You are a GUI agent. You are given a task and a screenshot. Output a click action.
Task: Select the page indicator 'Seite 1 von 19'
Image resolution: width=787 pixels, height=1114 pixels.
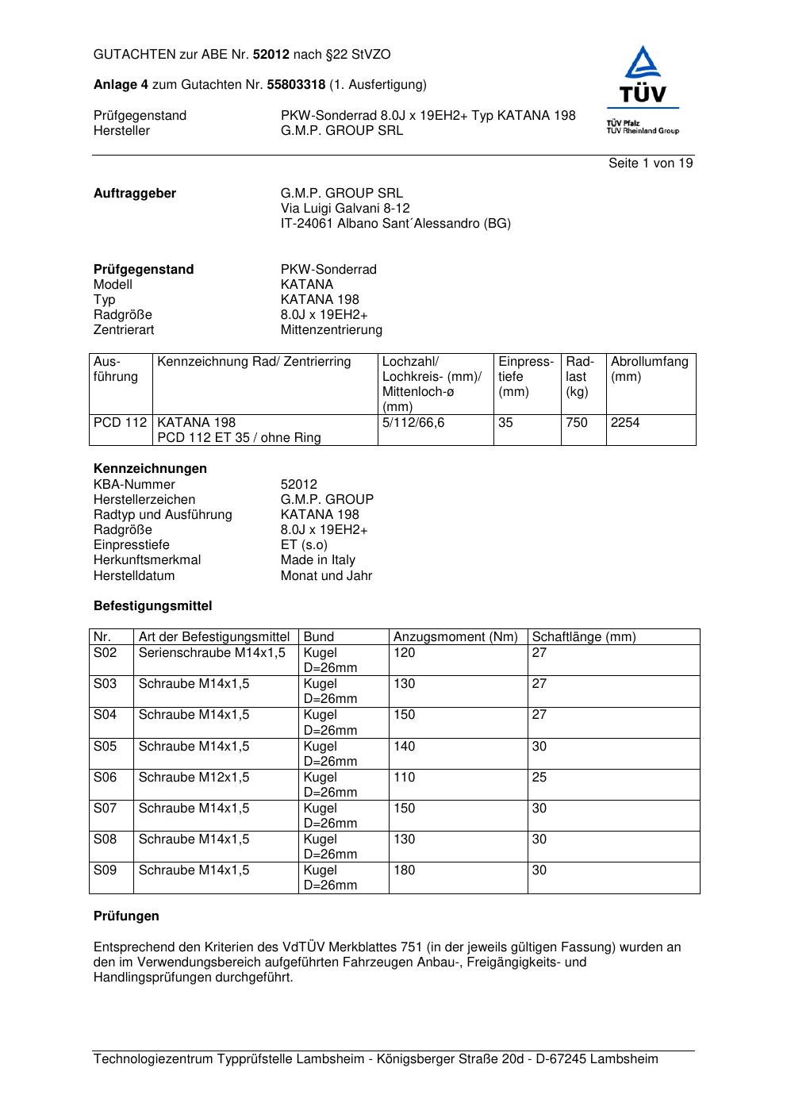point(651,163)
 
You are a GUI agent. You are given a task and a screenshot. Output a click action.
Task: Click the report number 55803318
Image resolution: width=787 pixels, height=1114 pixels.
point(296,85)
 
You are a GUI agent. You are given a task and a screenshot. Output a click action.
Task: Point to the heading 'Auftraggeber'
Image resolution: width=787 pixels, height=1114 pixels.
point(135,194)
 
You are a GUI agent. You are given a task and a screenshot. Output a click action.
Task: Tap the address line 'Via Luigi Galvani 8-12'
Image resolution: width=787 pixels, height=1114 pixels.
point(345,209)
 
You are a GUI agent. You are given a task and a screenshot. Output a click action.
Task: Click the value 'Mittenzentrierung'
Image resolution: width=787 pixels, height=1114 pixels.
point(331,330)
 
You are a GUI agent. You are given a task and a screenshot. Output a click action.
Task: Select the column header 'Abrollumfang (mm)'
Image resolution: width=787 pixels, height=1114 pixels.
point(649,370)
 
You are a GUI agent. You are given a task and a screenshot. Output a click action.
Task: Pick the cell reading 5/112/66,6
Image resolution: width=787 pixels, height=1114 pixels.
point(413,423)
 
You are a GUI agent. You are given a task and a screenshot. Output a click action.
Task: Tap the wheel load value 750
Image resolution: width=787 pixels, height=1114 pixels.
point(577,423)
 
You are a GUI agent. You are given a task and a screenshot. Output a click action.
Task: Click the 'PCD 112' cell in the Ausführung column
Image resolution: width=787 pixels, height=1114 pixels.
point(120,423)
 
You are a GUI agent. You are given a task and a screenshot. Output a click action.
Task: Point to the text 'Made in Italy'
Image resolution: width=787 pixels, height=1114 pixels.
point(317,560)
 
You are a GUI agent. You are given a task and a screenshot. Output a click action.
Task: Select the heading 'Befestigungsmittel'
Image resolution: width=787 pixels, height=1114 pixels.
point(152,606)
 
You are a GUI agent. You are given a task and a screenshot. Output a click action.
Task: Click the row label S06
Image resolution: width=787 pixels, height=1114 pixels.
point(105,778)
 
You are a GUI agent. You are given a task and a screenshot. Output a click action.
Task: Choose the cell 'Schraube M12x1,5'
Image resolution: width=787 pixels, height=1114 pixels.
point(194,778)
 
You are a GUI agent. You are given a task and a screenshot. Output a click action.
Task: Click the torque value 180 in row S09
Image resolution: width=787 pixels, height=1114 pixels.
point(405,870)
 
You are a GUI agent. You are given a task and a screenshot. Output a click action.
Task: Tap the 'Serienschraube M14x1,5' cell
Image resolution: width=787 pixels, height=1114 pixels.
point(212,653)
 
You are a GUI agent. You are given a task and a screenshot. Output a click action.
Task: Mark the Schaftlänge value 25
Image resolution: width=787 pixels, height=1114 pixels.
point(539,778)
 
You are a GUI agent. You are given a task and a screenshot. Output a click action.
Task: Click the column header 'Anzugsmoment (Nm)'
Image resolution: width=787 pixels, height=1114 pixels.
point(455,637)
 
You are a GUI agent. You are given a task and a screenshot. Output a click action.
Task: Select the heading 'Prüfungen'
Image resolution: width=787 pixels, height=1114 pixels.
point(126,916)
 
